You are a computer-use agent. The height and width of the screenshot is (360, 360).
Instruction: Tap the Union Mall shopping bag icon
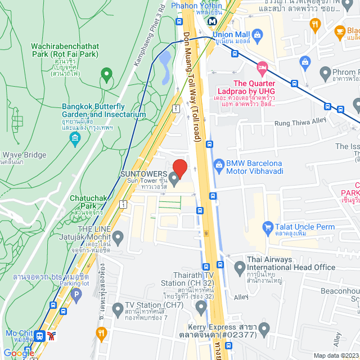click(258, 37)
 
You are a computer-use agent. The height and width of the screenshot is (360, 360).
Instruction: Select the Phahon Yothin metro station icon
click(213, 21)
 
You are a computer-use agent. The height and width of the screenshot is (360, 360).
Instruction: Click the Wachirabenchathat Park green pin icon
click(106, 74)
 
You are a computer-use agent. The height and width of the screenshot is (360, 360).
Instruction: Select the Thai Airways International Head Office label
click(290, 263)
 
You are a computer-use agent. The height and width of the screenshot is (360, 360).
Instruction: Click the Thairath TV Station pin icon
click(201, 307)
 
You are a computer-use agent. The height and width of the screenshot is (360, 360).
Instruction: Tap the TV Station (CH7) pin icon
click(118, 309)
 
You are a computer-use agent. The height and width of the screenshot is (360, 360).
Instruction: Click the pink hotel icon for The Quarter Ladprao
click(262, 68)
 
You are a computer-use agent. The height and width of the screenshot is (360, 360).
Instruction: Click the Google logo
click(19, 353)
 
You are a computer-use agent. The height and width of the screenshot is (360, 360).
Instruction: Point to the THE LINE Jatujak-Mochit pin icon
click(118, 237)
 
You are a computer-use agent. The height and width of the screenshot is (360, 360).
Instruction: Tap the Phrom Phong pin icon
click(325, 73)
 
